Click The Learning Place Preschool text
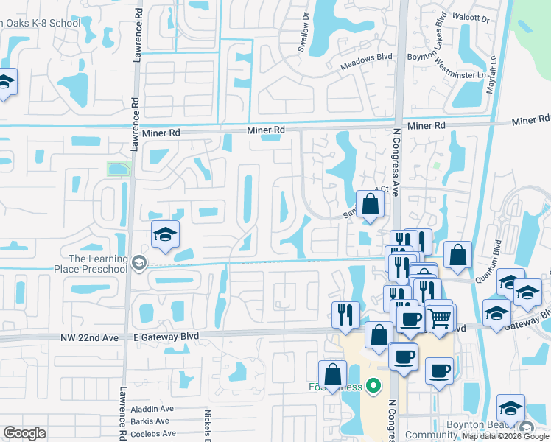pyautogui.click(x=98, y=263)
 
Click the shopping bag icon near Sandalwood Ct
pyautogui.click(x=369, y=204)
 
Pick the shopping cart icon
pyautogui.click(x=439, y=318)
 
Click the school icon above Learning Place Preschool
pyautogui.click(x=166, y=235)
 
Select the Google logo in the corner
pyautogui.click(x=24, y=432)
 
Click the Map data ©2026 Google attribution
pyautogui.click(x=505, y=436)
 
